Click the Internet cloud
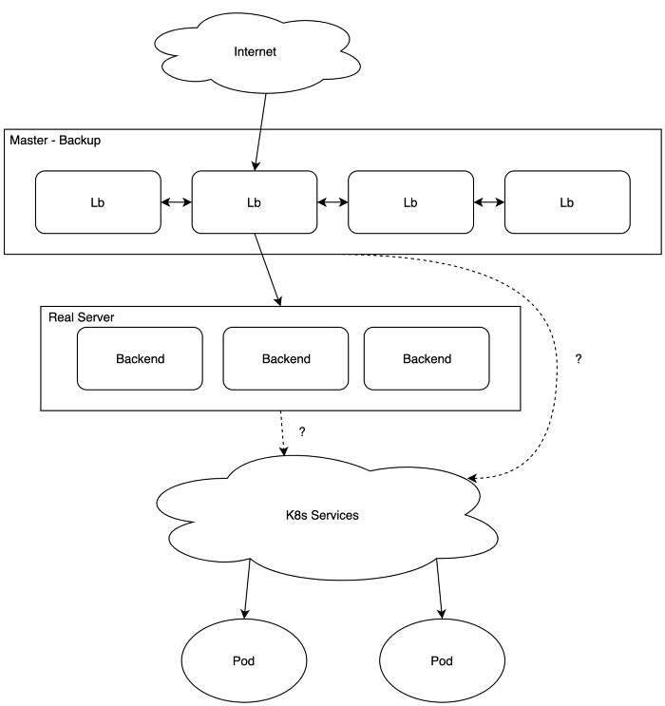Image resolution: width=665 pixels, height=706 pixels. click(255, 51)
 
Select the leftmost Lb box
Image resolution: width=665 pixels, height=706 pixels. click(98, 202)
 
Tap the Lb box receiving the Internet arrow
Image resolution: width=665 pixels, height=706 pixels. click(254, 202)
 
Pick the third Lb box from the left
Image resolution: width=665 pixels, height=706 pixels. click(410, 202)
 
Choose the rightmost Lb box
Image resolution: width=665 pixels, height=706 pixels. click(567, 202)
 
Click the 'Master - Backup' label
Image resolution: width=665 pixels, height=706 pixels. click(55, 141)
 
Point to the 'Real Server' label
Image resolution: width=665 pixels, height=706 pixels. click(81, 315)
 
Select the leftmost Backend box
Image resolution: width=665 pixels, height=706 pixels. click(140, 359)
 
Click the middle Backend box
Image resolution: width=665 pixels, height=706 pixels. click(286, 359)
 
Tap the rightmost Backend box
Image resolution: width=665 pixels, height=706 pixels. click(427, 359)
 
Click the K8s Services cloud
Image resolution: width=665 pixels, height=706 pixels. click(322, 516)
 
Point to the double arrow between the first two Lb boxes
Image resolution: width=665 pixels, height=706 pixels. click(176, 202)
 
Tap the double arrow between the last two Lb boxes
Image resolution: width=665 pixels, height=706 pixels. click(488, 202)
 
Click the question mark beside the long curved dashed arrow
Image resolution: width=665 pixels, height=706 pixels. click(579, 359)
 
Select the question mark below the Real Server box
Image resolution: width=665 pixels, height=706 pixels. click(302, 431)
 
